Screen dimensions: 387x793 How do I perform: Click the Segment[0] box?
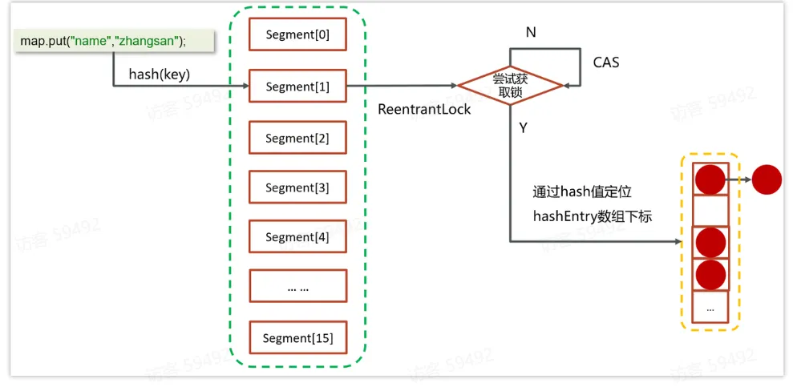[x=297, y=34]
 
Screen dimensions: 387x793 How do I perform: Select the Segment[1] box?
[x=297, y=87]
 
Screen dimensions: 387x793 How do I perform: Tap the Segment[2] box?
[x=297, y=138]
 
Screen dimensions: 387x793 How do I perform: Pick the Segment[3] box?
[x=297, y=187]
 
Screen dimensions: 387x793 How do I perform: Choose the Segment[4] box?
[x=297, y=237]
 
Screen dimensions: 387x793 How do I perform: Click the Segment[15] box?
[x=297, y=338]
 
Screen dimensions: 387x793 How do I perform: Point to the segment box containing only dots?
[x=297, y=287]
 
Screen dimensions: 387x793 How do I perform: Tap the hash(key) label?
[x=160, y=74]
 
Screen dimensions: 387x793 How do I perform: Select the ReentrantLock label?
[x=424, y=109]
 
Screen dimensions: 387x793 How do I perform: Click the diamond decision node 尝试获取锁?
[x=510, y=86]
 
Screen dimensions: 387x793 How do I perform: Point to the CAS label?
[x=605, y=62]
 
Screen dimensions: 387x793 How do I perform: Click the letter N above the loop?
[x=531, y=33]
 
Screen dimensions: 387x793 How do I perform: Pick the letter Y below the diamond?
[x=523, y=127]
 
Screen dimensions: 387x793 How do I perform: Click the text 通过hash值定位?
[x=581, y=192]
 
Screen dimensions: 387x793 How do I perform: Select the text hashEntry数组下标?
[x=593, y=216]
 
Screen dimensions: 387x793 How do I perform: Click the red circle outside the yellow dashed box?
[x=767, y=179]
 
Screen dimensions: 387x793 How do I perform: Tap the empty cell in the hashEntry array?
[x=710, y=211]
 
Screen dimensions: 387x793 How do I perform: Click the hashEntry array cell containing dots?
[x=710, y=307]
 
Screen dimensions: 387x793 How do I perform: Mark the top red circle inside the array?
[x=710, y=179]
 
